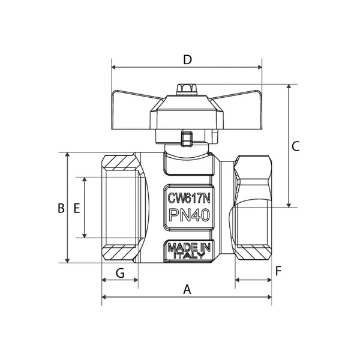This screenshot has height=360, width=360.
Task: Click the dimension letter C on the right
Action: [295, 146]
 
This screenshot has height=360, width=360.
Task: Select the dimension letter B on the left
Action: [61, 208]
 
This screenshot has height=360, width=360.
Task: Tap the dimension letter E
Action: [76, 208]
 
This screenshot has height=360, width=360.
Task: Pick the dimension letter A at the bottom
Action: [187, 289]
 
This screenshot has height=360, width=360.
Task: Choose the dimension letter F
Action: [278, 271]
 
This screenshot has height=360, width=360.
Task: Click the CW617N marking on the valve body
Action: [188, 197]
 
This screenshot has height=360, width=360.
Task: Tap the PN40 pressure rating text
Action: [188, 217]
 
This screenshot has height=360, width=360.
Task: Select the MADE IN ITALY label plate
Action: [188, 251]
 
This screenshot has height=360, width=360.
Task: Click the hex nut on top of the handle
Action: [186, 89]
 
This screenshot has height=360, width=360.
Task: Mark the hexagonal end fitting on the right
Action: [252, 207]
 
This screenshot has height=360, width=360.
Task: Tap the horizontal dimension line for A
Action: [150, 296]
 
